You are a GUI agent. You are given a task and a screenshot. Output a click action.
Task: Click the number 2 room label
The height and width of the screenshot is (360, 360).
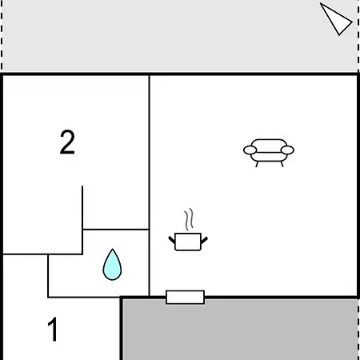67,142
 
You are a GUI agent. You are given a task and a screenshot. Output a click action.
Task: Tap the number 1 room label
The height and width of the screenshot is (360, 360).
53,329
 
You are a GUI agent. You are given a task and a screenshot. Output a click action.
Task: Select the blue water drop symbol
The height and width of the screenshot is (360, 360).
112,265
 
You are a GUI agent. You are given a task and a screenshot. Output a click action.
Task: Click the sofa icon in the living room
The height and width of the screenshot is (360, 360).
269,153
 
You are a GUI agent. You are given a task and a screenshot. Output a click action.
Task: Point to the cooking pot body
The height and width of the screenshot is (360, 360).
188,242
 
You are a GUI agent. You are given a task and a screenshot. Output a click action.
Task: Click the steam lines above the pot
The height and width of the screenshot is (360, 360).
189,219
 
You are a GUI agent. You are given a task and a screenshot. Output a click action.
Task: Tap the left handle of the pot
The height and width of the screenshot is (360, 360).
172,239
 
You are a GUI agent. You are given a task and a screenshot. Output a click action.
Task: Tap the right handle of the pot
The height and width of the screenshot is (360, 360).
204,240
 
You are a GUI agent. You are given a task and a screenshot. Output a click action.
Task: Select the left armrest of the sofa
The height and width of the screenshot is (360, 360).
250,150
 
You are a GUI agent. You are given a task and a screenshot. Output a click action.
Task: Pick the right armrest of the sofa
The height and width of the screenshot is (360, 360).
287,150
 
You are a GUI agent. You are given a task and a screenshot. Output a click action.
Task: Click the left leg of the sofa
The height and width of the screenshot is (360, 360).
257,164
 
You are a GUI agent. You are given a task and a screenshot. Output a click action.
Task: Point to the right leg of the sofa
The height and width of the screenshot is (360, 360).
282,164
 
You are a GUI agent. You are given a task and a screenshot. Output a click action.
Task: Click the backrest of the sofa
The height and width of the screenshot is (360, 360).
269,144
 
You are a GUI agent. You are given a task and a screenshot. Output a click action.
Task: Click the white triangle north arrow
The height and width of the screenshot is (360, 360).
335,19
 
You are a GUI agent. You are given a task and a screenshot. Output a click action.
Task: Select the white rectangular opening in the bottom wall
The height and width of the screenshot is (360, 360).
185,297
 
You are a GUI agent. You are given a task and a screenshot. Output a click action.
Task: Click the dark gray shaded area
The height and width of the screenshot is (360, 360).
240,330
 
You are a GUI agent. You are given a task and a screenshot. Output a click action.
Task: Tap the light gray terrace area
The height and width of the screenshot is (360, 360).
179,36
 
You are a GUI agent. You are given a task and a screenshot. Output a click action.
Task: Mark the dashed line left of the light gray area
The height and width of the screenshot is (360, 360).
2,36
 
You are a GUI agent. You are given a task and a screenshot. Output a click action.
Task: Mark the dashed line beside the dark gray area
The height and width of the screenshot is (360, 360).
358,330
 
